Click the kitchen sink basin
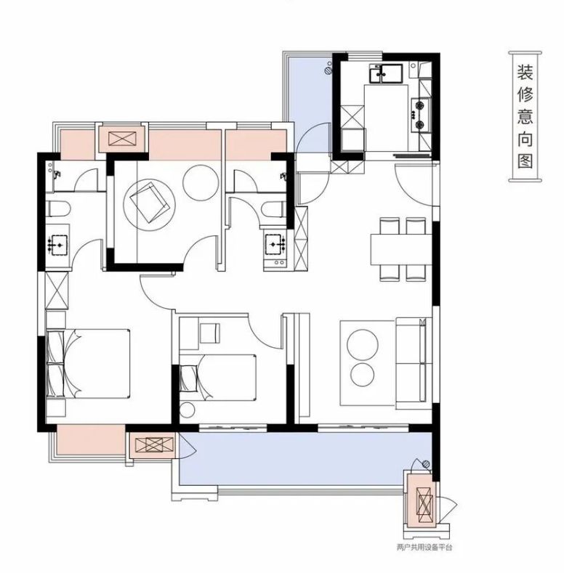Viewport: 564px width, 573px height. [386, 73]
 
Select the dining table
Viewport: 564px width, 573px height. [401, 249]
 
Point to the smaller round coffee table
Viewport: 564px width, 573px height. [363, 375]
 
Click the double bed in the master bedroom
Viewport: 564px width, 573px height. [88, 363]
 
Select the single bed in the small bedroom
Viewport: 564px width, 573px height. [217, 378]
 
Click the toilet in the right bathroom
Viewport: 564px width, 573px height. [273, 209]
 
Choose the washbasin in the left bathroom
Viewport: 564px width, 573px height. [58, 245]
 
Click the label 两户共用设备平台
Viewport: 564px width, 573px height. [424, 547]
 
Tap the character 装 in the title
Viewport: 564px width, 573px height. [525, 73]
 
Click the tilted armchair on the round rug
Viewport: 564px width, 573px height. [150, 202]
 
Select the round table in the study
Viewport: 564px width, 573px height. [201, 183]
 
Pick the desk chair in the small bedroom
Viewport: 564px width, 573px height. [210, 333]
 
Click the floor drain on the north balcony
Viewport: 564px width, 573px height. [329, 69]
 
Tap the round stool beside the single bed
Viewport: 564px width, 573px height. [188, 410]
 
